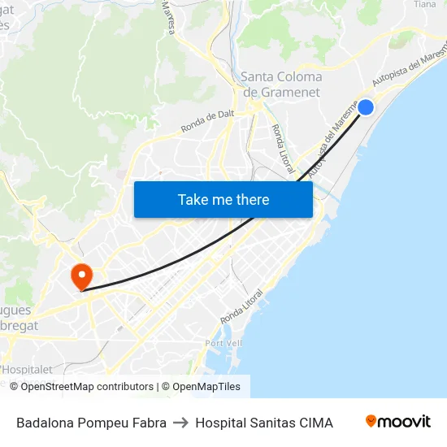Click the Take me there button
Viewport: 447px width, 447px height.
[223, 199]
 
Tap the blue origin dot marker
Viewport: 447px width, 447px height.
[366, 106]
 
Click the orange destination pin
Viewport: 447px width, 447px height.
[81, 275]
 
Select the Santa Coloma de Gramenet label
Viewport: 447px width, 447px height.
[281, 84]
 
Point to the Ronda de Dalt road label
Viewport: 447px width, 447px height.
[207, 120]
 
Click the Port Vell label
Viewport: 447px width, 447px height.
[223, 343]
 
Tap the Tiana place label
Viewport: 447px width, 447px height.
[425, 4]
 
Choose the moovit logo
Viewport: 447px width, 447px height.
[398, 422]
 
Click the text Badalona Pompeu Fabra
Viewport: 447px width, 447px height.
[91, 423]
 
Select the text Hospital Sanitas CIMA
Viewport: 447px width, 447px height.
[264, 423]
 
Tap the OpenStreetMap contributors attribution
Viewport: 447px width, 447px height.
[82, 387]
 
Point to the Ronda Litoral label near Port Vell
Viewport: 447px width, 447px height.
[241, 306]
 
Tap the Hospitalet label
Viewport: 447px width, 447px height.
[25, 369]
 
